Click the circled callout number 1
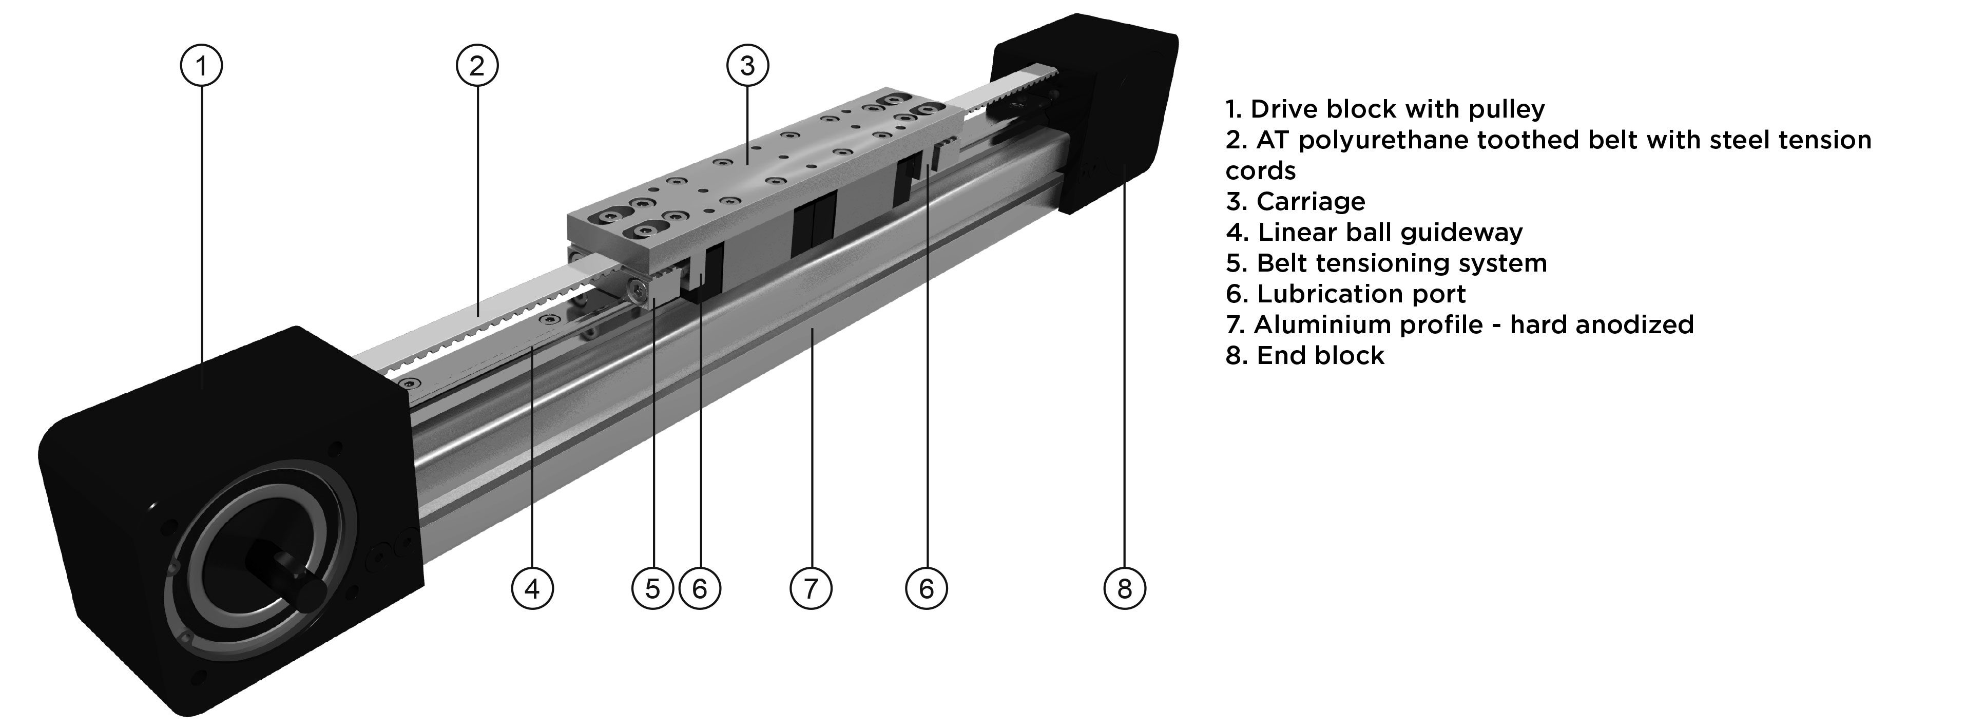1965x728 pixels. (x=201, y=66)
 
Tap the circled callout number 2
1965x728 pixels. (x=477, y=66)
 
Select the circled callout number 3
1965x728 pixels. (x=747, y=66)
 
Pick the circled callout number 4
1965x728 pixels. (x=532, y=588)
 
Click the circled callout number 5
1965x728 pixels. (x=652, y=588)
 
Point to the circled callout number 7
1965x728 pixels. (x=810, y=588)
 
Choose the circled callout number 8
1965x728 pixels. (x=1124, y=588)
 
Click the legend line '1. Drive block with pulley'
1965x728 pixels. (x=1384, y=109)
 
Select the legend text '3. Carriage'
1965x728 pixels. (x=1295, y=201)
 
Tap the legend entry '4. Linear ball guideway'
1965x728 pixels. (x=1374, y=232)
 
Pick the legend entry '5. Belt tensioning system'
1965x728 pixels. (x=1386, y=263)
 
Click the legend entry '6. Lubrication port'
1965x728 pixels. (x=1345, y=294)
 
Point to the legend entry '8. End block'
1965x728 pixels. (x=1304, y=356)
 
